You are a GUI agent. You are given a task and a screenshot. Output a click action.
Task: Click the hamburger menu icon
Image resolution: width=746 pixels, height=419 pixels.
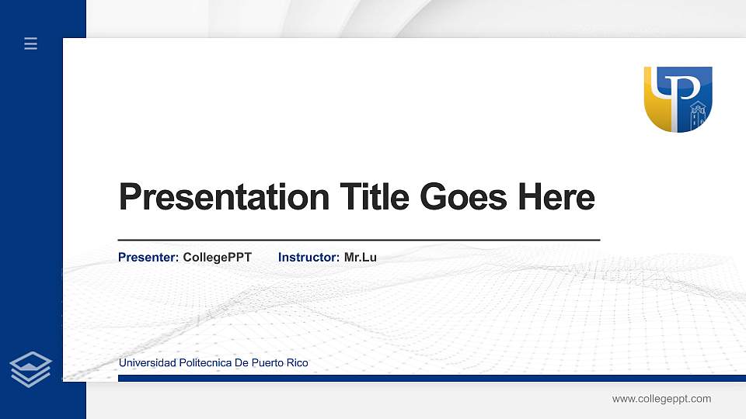click(x=30, y=43)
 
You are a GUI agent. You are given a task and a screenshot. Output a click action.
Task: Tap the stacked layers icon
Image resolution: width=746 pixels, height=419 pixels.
click(x=30, y=369)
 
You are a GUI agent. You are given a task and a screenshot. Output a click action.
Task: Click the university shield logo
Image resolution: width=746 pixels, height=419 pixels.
click(x=678, y=99)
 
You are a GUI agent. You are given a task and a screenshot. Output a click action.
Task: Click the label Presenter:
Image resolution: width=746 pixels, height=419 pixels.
click(x=148, y=257)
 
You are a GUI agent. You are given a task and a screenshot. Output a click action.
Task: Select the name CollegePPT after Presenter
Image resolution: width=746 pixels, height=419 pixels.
click(x=217, y=257)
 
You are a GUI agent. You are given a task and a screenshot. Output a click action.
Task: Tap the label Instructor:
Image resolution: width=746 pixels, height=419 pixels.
click(x=309, y=257)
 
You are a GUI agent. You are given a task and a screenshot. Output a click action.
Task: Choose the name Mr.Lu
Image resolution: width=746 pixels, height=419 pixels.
click(x=360, y=257)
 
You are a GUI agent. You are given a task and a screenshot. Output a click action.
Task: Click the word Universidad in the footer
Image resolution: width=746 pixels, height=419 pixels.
click(x=147, y=363)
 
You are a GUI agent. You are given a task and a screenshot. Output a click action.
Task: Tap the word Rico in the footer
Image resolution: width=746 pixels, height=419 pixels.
click(x=298, y=363)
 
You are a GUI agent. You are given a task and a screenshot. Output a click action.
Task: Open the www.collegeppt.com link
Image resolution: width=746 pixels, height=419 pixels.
click(x=661, y=399)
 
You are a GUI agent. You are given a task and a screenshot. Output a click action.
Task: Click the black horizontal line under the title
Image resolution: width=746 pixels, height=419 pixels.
click(x=358, y=241)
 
